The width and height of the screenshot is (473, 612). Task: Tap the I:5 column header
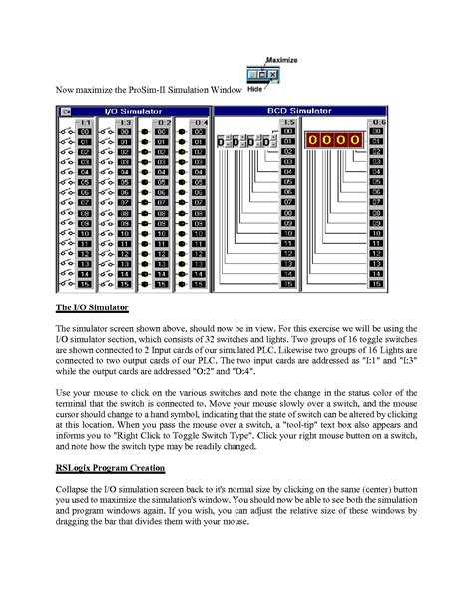287,122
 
